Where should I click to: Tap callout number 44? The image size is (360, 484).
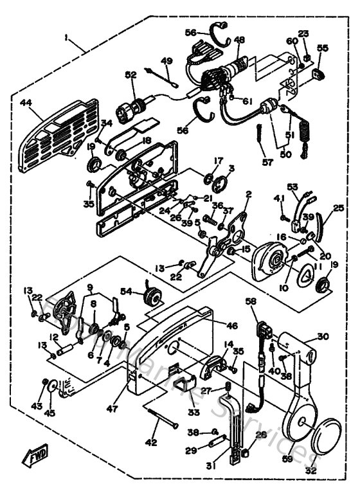(x=26, y=102)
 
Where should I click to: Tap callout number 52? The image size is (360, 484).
(x=130, y=75)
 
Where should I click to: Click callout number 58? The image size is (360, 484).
(x=251, y=301)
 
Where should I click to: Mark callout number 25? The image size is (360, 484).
(x=339, y=208)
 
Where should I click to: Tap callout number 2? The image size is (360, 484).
(x=248, y=193)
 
